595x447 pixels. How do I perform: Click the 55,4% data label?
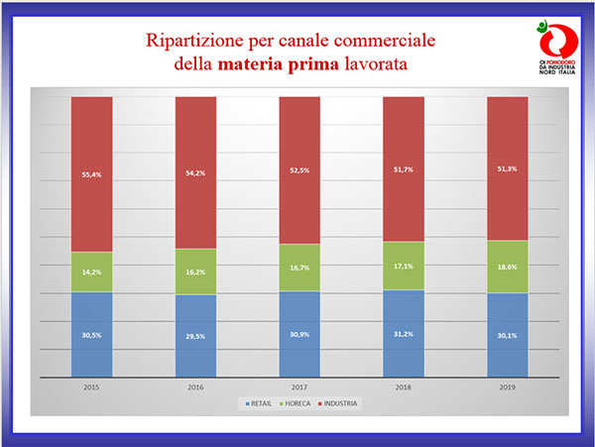pos(91,174)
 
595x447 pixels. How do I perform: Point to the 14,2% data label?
pos(91,271)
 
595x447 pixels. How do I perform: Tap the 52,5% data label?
pos(298,168)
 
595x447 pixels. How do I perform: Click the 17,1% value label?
pos(403,266)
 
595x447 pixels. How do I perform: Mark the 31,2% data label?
pos(403,334)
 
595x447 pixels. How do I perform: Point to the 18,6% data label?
pos(507,267)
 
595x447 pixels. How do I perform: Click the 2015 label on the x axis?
pos(91,387)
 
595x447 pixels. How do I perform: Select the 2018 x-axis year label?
pos(403,387)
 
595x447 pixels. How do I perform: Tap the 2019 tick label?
pos(507,387)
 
